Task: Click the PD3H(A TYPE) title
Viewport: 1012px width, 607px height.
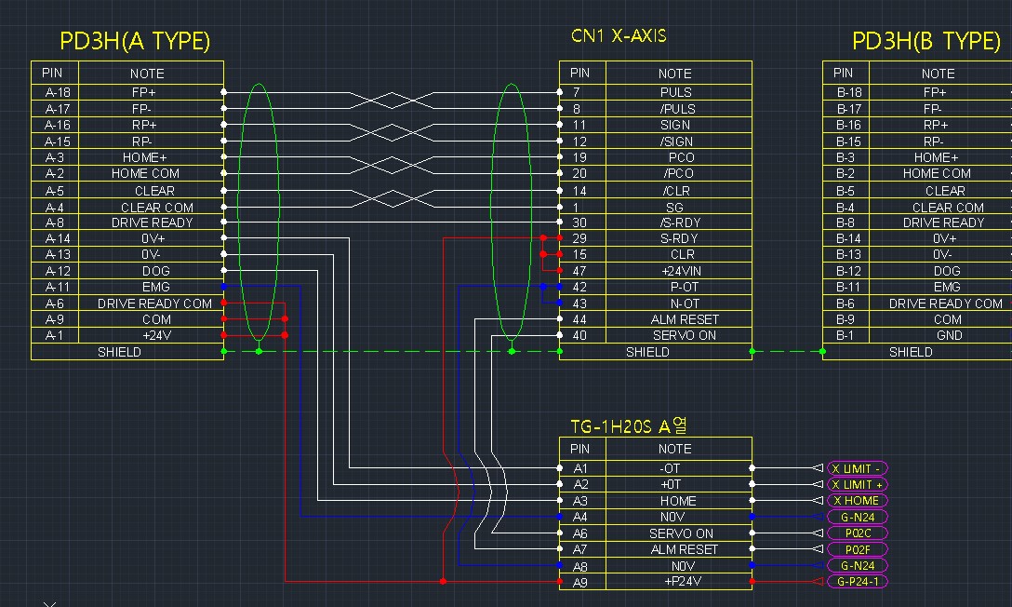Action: [x=135, y=41]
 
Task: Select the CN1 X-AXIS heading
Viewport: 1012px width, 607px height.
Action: [x=618, y=36]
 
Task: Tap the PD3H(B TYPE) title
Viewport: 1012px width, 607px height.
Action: [x=925, y=41]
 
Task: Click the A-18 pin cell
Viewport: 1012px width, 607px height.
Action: [x=57, y=92]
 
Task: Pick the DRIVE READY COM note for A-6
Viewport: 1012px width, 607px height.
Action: [x=154, y=303]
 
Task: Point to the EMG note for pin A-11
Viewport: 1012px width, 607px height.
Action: [x=154, y=288]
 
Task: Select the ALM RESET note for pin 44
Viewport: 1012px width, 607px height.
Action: [x=684, y=319]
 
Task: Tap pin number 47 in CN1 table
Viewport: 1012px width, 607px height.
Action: [x=579, y=271]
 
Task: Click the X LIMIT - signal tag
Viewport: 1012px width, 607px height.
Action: [x=857, y=468]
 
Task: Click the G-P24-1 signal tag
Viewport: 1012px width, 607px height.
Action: [x=857, y=582]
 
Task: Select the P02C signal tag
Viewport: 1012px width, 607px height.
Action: [x=857, y=533]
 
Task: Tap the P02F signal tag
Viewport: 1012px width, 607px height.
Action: [x=857, y=549]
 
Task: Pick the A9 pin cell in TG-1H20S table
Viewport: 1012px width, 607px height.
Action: [x=580, y=582]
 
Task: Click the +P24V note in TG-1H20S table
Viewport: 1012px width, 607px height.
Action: [x=682, y=582]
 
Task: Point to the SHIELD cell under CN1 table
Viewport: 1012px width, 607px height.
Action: [x=646, y=352]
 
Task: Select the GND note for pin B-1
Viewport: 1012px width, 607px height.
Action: [x=948, y=335]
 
